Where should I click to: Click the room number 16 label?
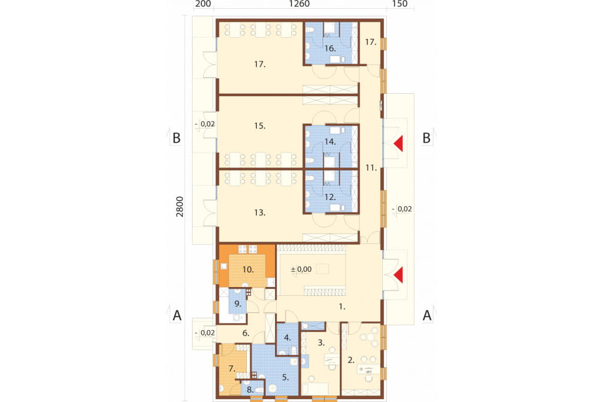(330, 48)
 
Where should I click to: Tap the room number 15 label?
(260, 126)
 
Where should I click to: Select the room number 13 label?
(260, 212)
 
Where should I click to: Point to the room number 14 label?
(330, 141)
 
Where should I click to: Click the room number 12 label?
(330, 197)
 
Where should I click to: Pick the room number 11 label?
(371, 167)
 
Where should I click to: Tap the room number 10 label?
(248, 269)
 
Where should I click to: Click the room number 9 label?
(238, 304)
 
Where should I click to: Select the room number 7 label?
(232, 368)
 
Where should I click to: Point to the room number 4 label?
(287, 338)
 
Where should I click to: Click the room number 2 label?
(351, 360)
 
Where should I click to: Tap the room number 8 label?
(250, 390)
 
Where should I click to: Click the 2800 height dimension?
(180, 207)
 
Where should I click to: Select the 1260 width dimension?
(299, 4)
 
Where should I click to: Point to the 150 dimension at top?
(400, 4)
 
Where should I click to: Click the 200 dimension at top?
(203, 4)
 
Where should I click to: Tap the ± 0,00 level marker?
(301, 269)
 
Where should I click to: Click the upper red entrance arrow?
(399, 143)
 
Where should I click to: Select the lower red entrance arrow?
(399, 275)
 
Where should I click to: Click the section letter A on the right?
(427, 316)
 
